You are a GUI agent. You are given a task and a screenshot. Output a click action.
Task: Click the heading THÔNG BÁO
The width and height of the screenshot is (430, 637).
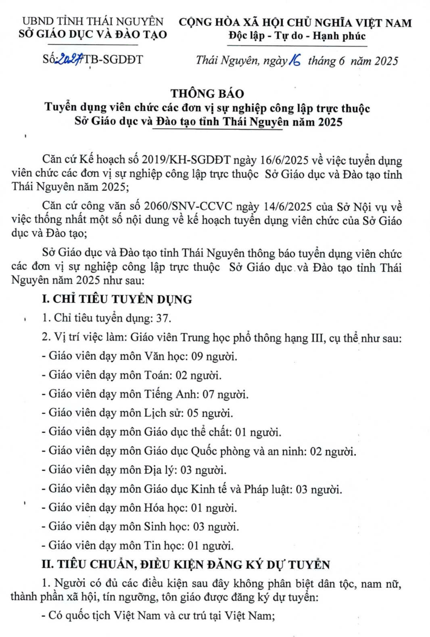tap(207, 94)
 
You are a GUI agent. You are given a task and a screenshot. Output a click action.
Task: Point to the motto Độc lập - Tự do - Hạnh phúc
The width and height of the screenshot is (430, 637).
tap(296, 36)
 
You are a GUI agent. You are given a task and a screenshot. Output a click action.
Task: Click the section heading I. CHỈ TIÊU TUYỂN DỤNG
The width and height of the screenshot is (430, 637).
tap(117, 299)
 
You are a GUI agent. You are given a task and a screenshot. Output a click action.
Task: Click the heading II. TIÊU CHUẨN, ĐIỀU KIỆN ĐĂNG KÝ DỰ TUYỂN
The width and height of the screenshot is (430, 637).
tap(186, 565)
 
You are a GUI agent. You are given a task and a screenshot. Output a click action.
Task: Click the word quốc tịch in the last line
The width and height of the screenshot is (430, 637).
tap(87, 616)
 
